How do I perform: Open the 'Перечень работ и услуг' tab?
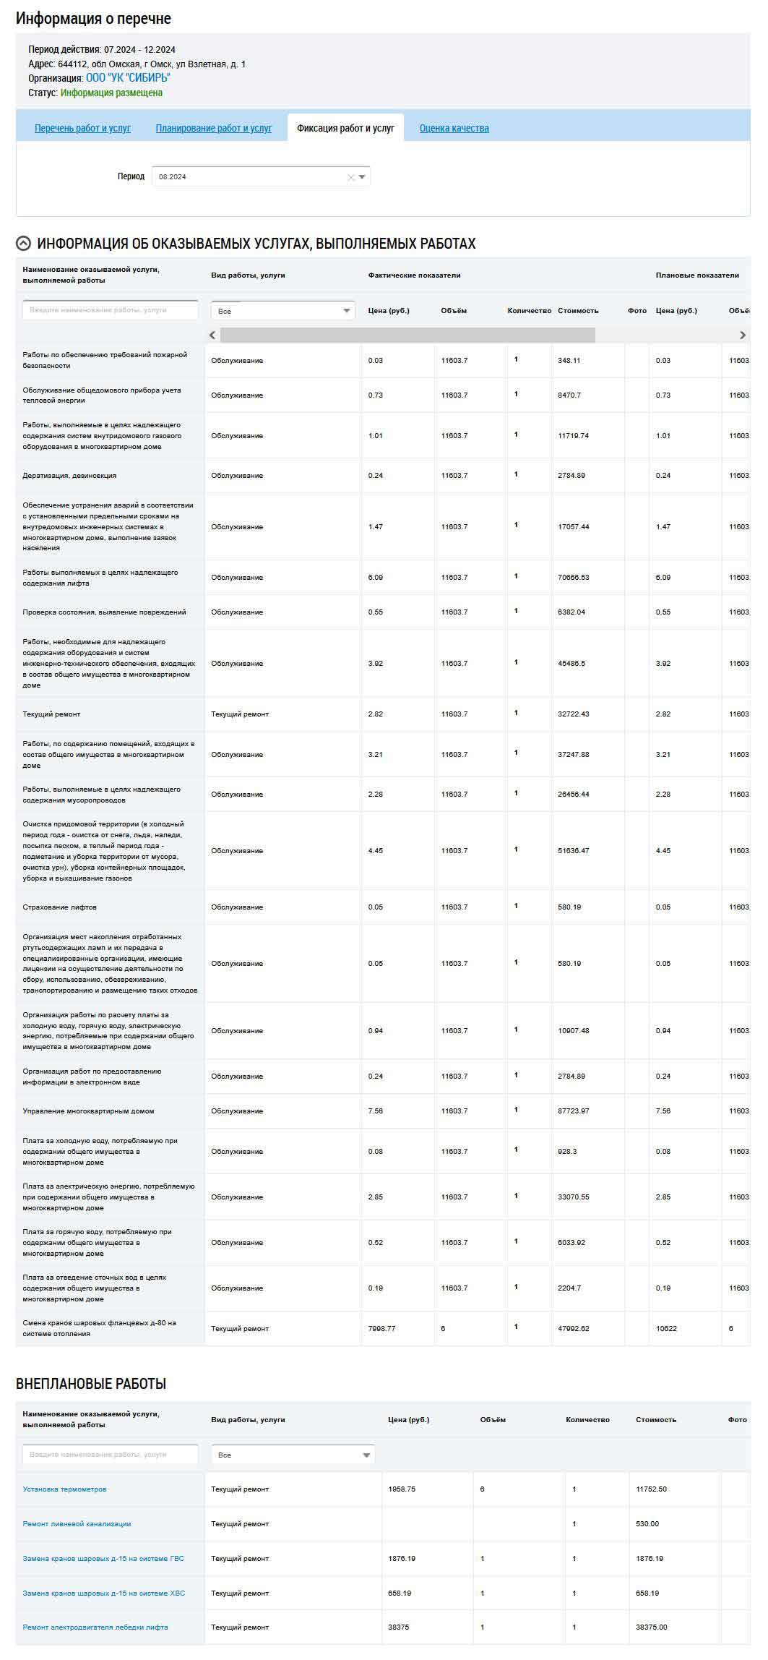(x=82, y=128)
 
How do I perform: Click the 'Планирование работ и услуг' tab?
(x=213, y=128)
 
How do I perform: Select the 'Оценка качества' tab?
(x=454, y=128)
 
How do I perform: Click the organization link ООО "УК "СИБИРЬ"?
(x=128, y=78)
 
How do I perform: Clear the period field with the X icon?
(x=351, y=177)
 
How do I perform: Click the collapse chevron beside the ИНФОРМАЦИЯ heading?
(x=23, y=244)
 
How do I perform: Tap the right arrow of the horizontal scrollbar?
(x=742, y=335)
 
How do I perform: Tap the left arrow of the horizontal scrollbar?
(x=212, y=335)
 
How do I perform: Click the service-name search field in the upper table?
(x=110, y=310)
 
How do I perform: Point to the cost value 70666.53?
(x=573, y=577)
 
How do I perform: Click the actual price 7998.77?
(x=381, y=1328)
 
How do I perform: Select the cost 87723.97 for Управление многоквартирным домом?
(x=573, y=1111)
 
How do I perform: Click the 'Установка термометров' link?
(x=64, y=1489)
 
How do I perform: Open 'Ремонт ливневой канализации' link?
(x=77, y=1523)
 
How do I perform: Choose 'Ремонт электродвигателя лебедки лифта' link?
(x=95, y=1627)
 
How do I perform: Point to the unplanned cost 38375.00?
(x=651, y=1627)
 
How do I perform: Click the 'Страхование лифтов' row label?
(x=59, y=907)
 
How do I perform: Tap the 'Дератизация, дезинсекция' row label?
(x=69, y=476)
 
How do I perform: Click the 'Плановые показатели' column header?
(x=696, y=275)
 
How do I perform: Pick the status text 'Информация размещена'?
(x=111, y=93)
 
